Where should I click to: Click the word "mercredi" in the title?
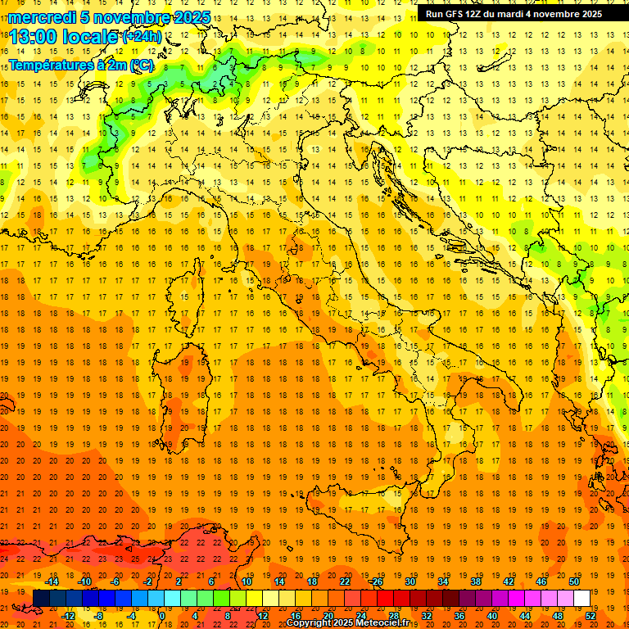click(43, 17)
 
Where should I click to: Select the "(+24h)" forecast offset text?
click(142, 37)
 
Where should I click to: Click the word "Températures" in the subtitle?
click(51, 65)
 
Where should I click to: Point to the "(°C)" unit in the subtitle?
click(141, 65)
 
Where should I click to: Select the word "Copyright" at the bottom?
click(310, 623)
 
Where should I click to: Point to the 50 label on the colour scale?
click(574, 581)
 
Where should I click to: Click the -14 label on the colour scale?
click(52, 581)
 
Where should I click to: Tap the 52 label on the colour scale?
click(591, 615)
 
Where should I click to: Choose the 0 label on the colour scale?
click(163, 615)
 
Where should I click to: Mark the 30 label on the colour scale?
click(410, 581)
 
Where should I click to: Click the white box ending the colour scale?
click(581, 598)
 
